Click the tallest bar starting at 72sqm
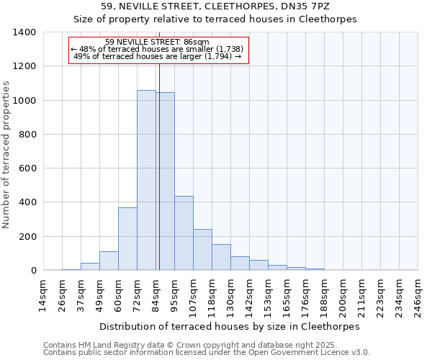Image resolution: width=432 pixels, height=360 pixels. tap(146, 180)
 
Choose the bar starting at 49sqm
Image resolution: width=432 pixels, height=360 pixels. tap(109, 261)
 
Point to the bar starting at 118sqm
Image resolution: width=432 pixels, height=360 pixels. tap(221, 257)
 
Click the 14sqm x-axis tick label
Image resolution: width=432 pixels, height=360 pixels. tap(43, 296)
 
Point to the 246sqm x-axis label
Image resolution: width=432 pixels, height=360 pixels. tap(418, 296)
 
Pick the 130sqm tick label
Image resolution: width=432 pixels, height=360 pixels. tap(230, 296)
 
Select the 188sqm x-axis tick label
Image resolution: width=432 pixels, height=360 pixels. tap(324, 296)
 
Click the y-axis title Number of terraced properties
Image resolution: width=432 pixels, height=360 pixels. tap(7, 155)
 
